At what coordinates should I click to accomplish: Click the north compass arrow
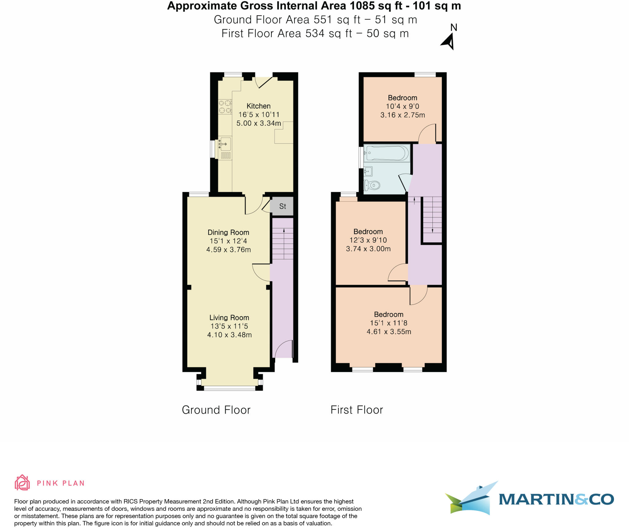(x=448, y=42)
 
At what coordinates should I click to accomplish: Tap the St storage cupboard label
(x=283, y=206)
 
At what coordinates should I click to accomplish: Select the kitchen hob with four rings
(x=225, y=107)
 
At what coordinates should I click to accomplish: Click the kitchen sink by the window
(x=225, y=144)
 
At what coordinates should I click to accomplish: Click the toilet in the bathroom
(x=372, y=185)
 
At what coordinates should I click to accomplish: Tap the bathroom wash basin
(x=368, y=171)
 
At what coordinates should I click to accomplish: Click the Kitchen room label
(x=259, y=106)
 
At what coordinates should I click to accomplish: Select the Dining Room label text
(x=228, y=233)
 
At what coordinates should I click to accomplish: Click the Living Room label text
(x=229, y=318)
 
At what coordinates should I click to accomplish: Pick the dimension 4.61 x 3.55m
(x=389, y=332)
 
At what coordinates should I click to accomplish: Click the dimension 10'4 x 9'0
(x=402, y=106)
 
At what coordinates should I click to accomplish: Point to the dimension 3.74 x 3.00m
(x=368, y=249)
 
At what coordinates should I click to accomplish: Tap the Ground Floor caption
(x=216, y=410)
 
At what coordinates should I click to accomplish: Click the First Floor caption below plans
(x=357, y=410)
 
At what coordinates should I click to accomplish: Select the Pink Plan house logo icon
(x=22, y=483)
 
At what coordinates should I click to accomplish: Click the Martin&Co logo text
(x=556, y=499)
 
